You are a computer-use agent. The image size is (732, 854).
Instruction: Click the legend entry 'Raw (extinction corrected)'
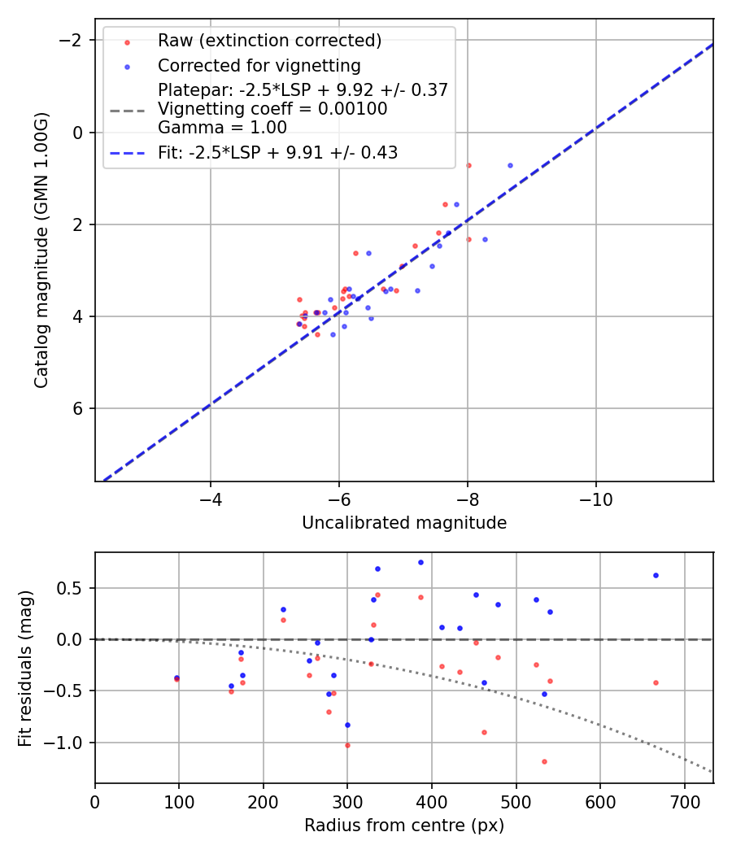269,41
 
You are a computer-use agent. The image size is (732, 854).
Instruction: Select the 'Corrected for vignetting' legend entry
259,65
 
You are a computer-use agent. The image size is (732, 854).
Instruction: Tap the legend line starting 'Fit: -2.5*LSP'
277,152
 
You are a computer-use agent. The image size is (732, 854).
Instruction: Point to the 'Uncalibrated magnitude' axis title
404,523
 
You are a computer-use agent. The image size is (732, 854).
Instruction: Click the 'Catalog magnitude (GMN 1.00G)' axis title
41,251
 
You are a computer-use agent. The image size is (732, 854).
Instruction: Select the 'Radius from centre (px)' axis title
404,826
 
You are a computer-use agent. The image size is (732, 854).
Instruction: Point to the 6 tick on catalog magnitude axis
78,408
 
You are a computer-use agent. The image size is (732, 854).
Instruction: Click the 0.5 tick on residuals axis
73,588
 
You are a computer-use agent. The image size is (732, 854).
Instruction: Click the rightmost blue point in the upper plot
510,165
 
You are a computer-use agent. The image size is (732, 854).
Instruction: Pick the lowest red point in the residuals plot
544,761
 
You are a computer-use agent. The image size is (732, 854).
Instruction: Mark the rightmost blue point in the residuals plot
656,575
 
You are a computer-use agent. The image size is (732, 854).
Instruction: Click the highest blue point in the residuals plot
420,562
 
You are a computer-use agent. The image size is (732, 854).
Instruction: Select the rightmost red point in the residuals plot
656,682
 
